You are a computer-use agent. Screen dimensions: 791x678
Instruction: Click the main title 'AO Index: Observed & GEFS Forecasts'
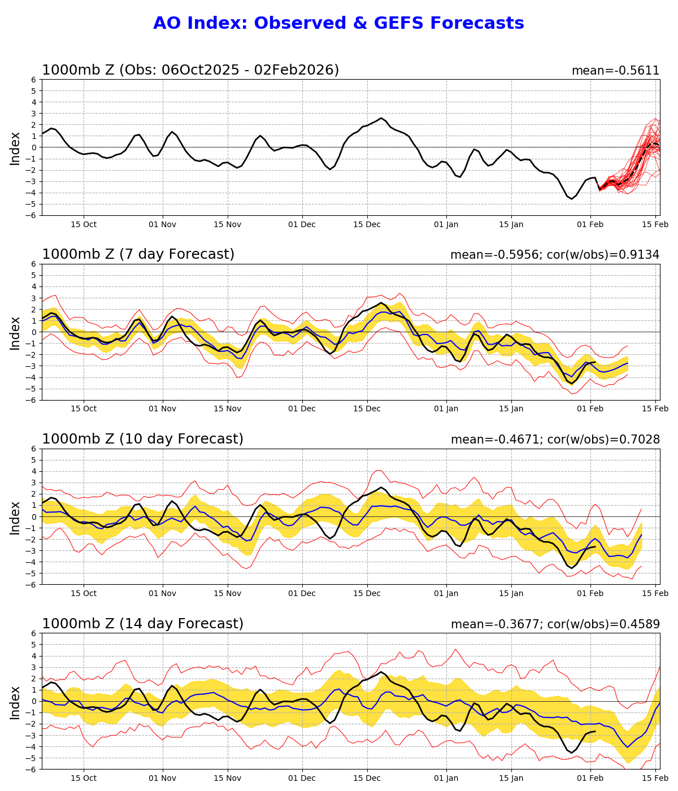[338, 23]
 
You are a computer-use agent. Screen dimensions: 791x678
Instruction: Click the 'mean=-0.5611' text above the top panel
[615, 71]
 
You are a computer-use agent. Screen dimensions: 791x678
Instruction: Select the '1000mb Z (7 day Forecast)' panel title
[138, 254]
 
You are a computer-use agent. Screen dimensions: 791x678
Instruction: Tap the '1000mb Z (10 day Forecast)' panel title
[142, 439]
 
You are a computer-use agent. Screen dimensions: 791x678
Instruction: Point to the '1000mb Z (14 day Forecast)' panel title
[142, 624]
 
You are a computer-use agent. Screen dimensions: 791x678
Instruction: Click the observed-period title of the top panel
[190, 70]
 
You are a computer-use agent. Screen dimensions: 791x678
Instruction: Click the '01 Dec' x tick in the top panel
[302, 224]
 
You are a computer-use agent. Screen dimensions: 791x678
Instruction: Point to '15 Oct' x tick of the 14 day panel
[84, 778]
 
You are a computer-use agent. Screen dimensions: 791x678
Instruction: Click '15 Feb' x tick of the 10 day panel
[655, 593]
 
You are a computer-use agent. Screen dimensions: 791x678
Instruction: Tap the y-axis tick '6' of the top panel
[34, 80]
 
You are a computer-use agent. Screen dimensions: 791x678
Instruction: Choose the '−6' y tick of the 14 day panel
[32, 769]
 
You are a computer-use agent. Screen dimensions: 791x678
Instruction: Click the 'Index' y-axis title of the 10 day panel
[15, 516]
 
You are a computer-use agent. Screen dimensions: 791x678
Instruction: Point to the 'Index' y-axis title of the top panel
[15, 147]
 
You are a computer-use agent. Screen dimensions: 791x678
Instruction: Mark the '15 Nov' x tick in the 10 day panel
[228, 593]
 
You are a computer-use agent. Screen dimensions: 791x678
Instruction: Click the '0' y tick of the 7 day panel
[34, 332]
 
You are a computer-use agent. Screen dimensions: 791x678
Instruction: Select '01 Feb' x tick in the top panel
[590, 224]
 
